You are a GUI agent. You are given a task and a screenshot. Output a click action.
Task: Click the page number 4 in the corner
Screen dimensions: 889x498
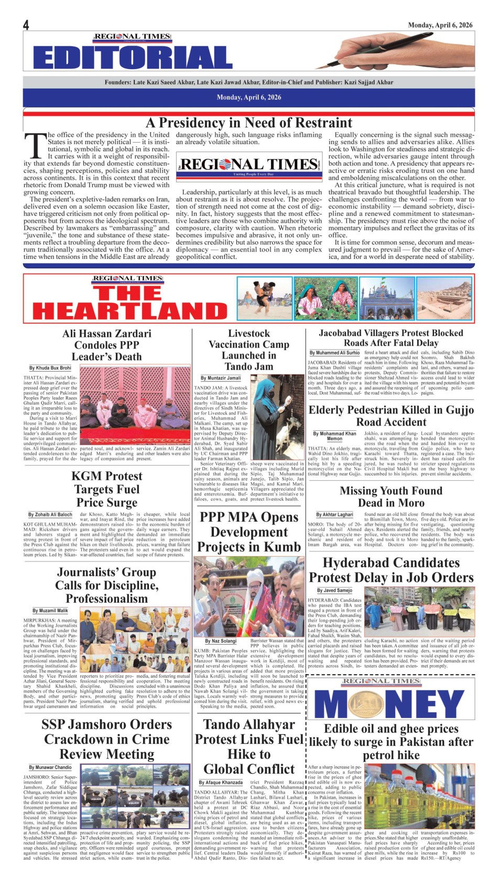pyautogui.click(x=26, y=25)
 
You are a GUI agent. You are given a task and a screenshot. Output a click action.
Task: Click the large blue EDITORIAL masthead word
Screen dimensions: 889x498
pyautogui.click(x=133, y=57)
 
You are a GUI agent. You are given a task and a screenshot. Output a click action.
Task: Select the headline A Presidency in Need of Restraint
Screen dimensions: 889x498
pyautogui.click(x=249, y=123)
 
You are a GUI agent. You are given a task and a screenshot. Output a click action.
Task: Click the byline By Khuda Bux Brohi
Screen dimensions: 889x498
pyautogui.click(x=50, y=368)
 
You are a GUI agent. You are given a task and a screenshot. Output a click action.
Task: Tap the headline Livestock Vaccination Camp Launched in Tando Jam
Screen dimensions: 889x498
pyautogui.click(x=249, y=350)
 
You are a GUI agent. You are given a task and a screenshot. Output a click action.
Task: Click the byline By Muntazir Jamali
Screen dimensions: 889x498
pyautogui.click(x=221, y=378)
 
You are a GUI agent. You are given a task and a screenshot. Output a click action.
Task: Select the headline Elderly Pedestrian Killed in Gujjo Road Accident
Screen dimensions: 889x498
pyautogui.click(x=391, y=416)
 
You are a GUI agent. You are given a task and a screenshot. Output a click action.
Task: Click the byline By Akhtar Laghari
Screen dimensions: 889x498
pyautogui.click(x=334, y=515)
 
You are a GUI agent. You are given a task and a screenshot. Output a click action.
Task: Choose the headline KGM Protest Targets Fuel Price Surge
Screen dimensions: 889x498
pyautogui.click(x=107, y=489)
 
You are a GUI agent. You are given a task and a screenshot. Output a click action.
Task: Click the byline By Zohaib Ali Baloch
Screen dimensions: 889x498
pyautogui.click(x=50, y=515)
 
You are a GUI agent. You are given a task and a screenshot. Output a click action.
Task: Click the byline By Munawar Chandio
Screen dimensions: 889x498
pyautogui.click(x=50, y=767)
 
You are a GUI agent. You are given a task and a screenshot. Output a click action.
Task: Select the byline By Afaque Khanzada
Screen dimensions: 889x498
pyautogui.click(x=220, y=783)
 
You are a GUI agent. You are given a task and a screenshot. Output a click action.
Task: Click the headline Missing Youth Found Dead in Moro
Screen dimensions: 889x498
pyautogui.click(x=391, y=496)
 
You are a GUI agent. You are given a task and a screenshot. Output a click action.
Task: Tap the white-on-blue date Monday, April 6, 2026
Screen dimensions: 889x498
pyautogui.click(x=249, y=97)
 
